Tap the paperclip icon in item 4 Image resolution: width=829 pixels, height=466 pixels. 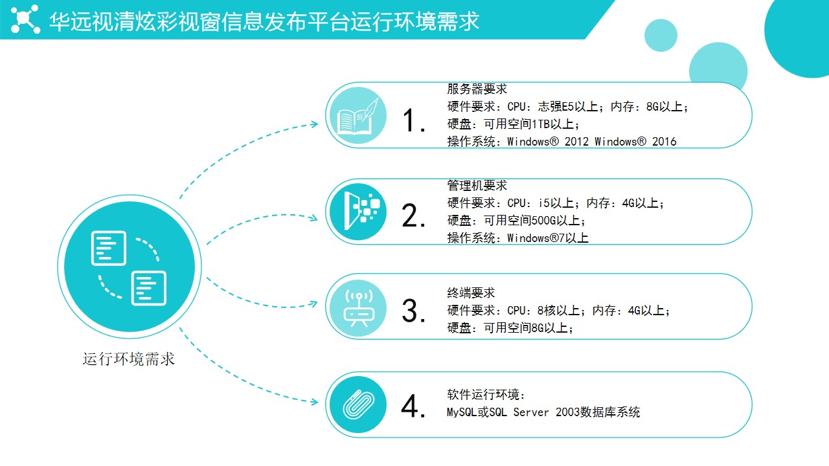[358, 405]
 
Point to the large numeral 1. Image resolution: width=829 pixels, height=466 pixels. [413, 120]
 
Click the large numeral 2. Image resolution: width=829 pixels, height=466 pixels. [413, 216]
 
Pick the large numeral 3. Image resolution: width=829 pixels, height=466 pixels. [413, 311]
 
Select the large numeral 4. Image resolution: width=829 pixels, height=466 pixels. [413, 406]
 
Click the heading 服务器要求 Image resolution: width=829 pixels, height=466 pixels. [477, 89]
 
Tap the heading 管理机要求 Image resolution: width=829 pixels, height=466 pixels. [477, 185]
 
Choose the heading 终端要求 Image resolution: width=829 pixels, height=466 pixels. [471, 293]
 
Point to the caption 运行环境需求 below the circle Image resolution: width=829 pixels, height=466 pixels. [128, 359]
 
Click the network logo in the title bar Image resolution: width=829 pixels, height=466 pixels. [25, 19]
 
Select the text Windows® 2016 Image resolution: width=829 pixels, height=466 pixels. [635, 142]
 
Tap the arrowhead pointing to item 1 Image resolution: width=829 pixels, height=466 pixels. [315, 124]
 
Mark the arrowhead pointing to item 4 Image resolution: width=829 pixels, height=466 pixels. [315, 402]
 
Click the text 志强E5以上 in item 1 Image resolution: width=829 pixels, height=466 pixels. [568, 107]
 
